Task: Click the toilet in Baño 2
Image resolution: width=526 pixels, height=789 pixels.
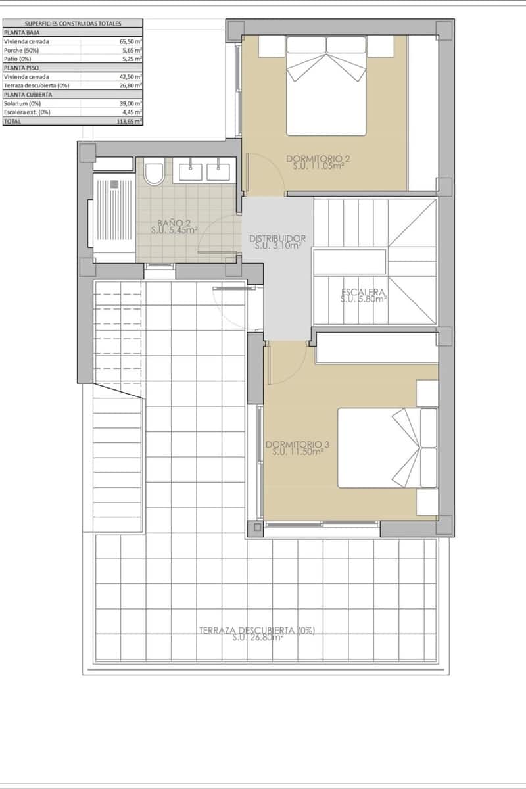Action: tap(155, 174)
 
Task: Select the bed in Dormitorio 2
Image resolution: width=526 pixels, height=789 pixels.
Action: tap(326, 85)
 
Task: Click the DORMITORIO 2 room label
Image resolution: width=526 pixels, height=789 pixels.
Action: tap(318, 158)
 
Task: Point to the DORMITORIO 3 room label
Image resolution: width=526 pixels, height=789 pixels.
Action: tap(297, 444)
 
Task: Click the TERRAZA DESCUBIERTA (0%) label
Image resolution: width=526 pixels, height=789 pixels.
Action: tap(257, 629)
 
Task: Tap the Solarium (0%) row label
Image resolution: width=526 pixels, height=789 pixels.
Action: tap(22, 103)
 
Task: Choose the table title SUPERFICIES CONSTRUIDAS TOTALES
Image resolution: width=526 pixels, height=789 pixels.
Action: tap(72, 23)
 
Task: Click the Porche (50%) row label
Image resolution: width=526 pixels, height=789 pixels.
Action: tap(22, 50)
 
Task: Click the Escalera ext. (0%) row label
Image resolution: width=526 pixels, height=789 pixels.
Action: tap(27, 112)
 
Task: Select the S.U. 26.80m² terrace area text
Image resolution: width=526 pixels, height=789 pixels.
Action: tap(257, 637)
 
